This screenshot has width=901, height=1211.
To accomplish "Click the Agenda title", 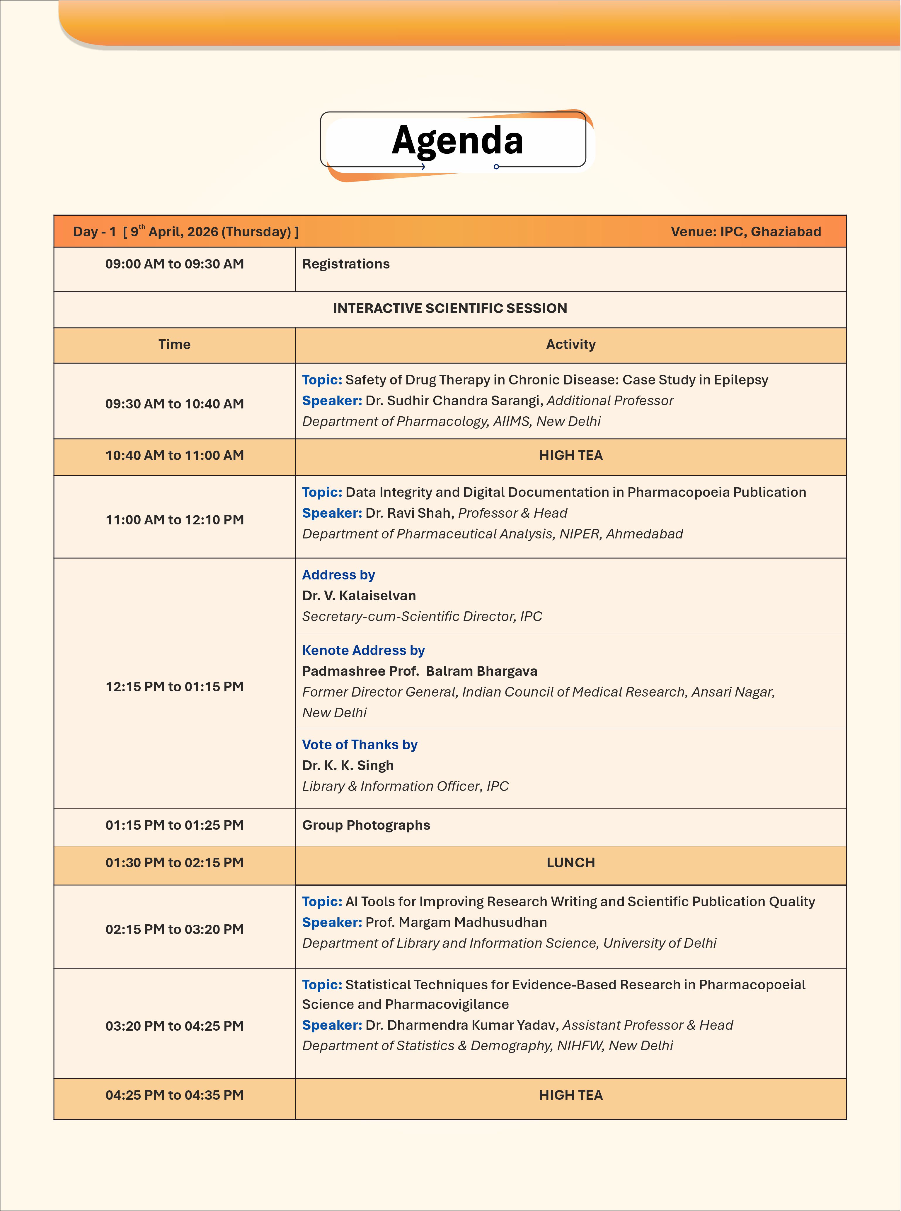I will point(457,141).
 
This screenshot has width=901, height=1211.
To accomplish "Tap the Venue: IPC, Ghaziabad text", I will point(746,232).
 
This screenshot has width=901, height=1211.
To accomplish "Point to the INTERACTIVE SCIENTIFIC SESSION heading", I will point(450,309).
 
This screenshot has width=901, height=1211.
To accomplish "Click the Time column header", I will point(175,344).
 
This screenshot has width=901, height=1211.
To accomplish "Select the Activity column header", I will point(570,344).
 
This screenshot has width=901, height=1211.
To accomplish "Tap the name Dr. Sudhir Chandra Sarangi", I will point(454,401).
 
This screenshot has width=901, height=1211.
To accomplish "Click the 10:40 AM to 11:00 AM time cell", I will point(175,456).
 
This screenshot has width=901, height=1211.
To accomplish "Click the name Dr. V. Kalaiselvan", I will point(359,596).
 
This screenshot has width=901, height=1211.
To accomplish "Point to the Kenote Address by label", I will point(363,650).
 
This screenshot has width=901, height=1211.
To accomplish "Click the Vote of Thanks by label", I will point(360,745).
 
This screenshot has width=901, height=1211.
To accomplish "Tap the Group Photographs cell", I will point(366,825).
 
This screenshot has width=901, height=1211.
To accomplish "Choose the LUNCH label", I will point(570,863).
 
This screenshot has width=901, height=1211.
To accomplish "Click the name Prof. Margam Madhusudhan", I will point(456,922).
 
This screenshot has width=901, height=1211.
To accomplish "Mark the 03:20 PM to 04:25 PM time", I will point(175,1026).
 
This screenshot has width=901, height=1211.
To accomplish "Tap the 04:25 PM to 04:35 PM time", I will point(175,1095).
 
